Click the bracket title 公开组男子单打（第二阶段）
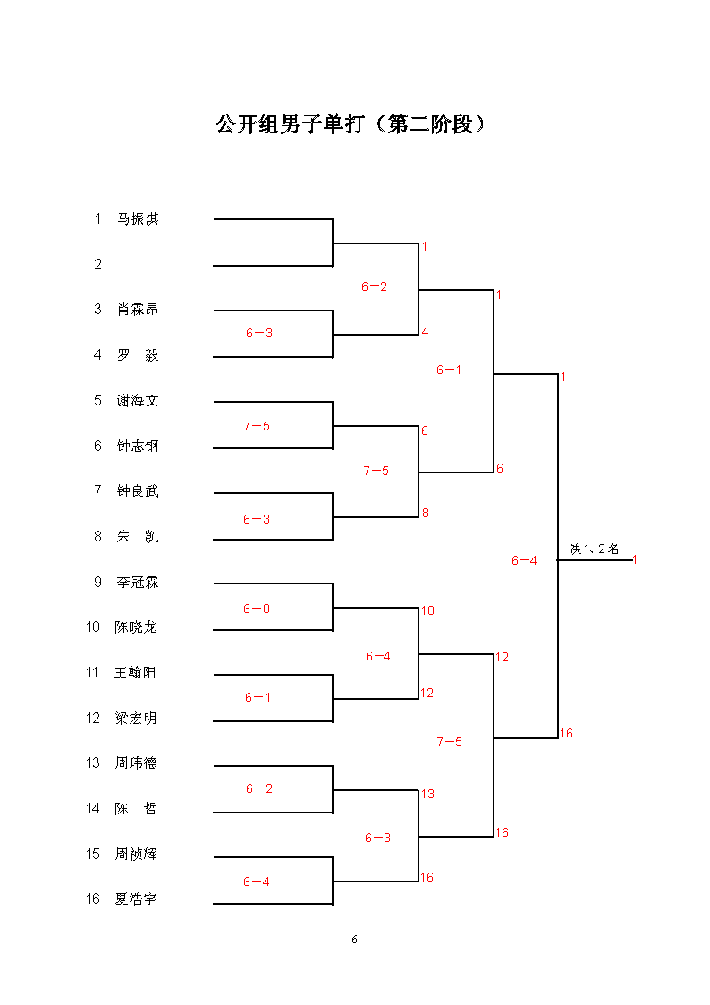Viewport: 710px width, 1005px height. (351, 123)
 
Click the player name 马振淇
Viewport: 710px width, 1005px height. (138, 218)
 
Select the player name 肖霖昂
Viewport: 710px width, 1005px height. (138, 310)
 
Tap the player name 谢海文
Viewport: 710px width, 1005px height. (138, 401)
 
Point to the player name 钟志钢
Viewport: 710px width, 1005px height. (138, 446)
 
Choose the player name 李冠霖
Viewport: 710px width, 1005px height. (138, 582)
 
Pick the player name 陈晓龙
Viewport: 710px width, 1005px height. (136, 626)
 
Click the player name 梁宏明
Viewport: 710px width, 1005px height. (136, 719)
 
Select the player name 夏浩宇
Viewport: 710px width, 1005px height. (136, 899)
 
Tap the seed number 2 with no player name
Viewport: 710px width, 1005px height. (98, 264)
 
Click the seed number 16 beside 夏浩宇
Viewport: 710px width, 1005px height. (93, 899)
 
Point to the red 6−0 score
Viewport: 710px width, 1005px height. (257, 609)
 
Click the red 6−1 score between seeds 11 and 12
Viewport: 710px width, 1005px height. (258, 697)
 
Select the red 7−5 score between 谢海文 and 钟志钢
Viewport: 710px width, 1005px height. (257, 426)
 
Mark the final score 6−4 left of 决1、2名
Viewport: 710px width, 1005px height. (524, 561)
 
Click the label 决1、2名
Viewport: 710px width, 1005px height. (595, 549)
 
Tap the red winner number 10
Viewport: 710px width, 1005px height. (427, 611)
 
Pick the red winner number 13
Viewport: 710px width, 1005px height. (427, 794)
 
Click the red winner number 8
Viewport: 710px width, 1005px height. (426, 514)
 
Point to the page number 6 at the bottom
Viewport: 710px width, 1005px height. (355, 940)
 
